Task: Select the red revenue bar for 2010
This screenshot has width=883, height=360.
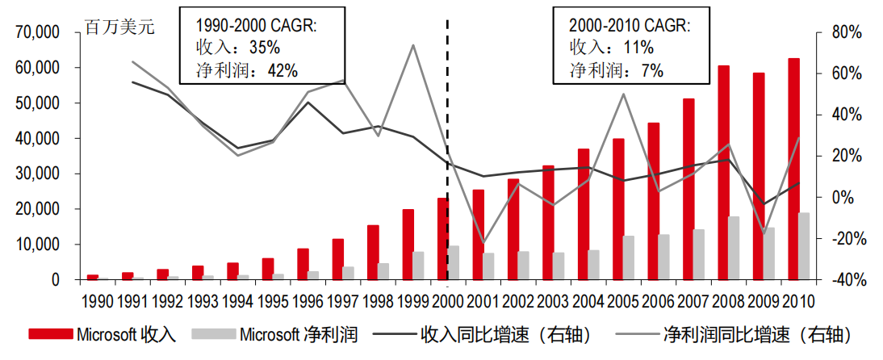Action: pyautogui.click(x=794, y=169)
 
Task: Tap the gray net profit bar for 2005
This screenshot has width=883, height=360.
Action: pyautogui.click(x=629, y=257)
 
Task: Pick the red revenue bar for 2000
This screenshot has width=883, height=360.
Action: pyautogui.click(x=443, y=239)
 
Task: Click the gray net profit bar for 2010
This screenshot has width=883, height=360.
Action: pyautogui.click(x=805, y=246)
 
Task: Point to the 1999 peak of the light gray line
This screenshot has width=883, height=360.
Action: pyautogui.click(x=413, y=45)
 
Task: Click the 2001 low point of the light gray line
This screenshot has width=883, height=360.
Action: pyautogui.click(x=483, y=242)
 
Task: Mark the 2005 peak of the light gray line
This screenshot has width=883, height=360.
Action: pyautogui.click(x=623, y=94)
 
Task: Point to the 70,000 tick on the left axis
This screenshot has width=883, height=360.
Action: pyautogui.click(x=38, y=32)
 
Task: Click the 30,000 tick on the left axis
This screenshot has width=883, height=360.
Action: pyautogui.click(x=38, y=174)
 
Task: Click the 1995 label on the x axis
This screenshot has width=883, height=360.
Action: pyautogui.click(x=274, y=301)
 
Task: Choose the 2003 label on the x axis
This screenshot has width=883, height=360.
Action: pyautogui.click(x=554, y=301)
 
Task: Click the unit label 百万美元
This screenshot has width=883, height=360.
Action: pyautogui.click(x=119, y=27)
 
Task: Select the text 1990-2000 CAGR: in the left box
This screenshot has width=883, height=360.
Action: pyautogui.click(x=257, y=25)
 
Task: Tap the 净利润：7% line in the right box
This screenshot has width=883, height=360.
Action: pyautogui.click(x=617, y=70)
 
